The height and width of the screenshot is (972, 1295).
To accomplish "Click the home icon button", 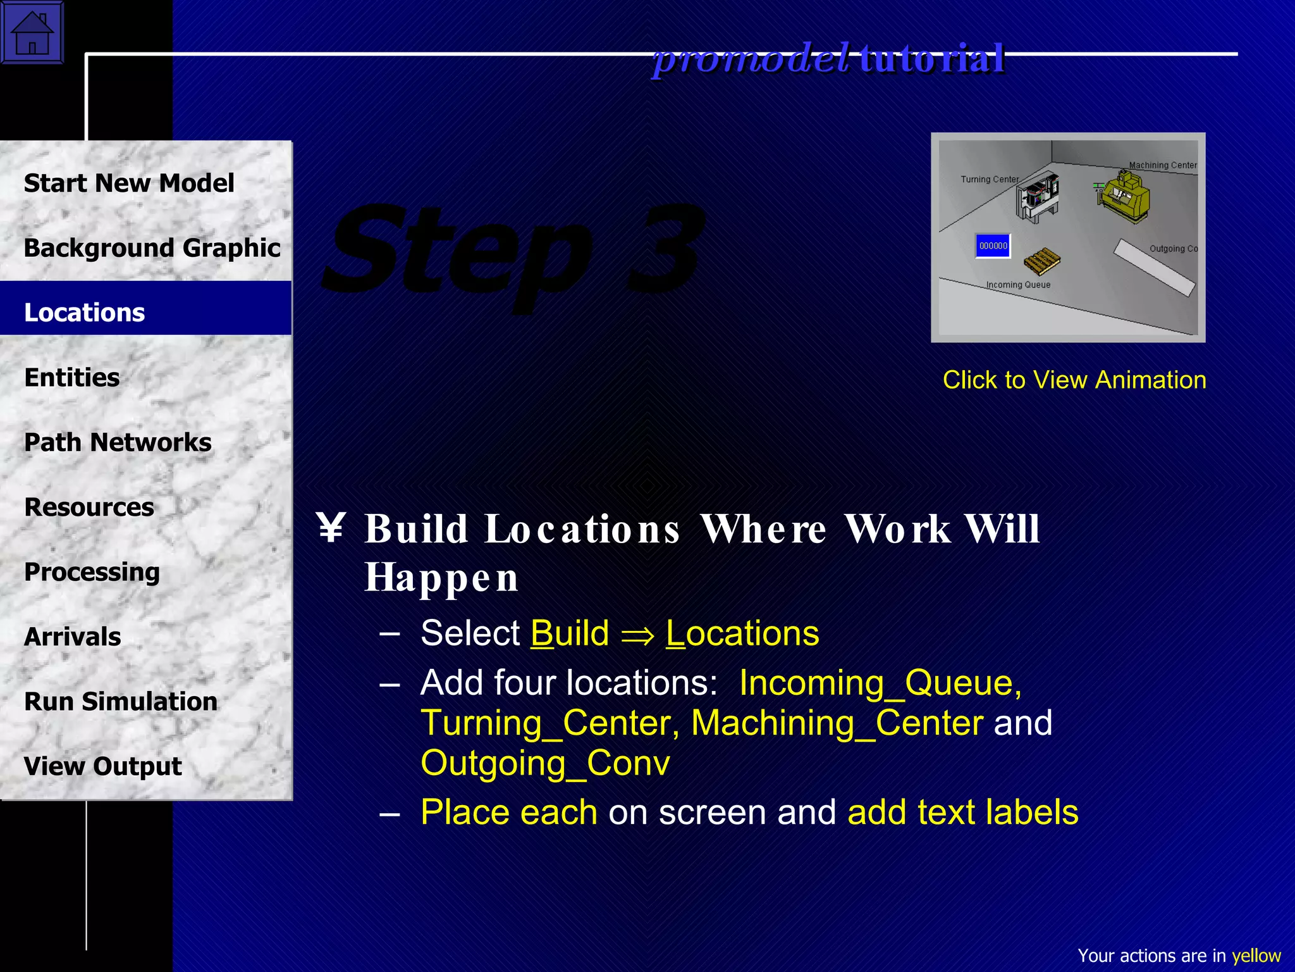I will click(32, 32).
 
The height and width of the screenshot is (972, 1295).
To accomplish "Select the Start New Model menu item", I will click(129, 184).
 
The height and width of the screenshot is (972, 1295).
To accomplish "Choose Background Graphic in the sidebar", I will click(152, 248).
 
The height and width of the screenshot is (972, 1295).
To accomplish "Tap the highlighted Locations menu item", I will click(85, 313).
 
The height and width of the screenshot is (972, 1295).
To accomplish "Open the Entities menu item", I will click(72, 378).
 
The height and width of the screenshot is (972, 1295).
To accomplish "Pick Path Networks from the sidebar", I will click(118, 442).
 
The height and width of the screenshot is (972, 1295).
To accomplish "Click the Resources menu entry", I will click(89, 508).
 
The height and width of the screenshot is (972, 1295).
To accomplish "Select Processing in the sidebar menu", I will click(92, 572).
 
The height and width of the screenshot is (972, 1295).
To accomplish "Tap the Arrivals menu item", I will click(73, 637).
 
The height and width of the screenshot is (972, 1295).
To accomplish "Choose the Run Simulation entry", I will click(121, 702).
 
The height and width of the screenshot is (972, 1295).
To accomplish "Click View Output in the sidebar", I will click(103, 766).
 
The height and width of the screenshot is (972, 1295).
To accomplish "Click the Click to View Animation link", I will click(1074, 380).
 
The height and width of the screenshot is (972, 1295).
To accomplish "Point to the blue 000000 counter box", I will click(993, 246).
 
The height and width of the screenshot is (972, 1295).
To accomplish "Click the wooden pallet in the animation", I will click(1041, 261).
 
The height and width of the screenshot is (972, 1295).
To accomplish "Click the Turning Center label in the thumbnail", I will click(990, 179).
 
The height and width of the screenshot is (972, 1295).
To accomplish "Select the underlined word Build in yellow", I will click(570, 633).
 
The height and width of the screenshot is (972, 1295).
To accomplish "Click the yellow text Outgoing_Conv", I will click(545, 763).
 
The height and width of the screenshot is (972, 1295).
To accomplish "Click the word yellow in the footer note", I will click(1256, 956).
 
